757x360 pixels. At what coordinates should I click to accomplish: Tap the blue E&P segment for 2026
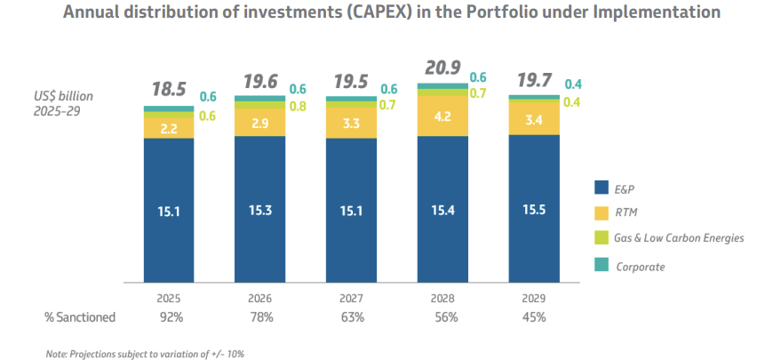click(x=259, y=210)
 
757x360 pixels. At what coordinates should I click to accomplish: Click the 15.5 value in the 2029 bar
click(x=534, y=210)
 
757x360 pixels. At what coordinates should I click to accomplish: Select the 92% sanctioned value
click(x=169, y=316)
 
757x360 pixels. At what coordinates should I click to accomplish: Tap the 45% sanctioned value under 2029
click(x=534, y=316)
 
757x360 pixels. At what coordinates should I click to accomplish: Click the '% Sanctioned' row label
click(x=80, y=316)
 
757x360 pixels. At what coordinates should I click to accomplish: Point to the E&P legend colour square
click(x=602, y=188)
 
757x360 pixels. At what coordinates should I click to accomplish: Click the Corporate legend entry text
click(x=641, y=266)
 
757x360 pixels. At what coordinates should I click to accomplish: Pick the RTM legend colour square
click(x=602, y=213)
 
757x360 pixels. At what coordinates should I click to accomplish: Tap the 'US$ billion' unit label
click(x=58, y=96)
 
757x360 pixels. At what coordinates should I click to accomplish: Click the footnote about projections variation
click(x=145, y=353)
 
